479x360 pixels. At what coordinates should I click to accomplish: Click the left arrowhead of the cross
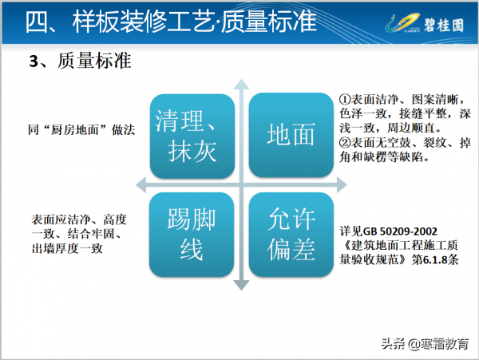pos(137,184)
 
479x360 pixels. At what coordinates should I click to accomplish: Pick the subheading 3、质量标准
pos(80,61)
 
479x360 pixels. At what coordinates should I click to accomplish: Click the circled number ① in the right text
pos(343,98)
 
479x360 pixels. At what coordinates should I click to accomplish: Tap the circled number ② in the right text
pos(343,144)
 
